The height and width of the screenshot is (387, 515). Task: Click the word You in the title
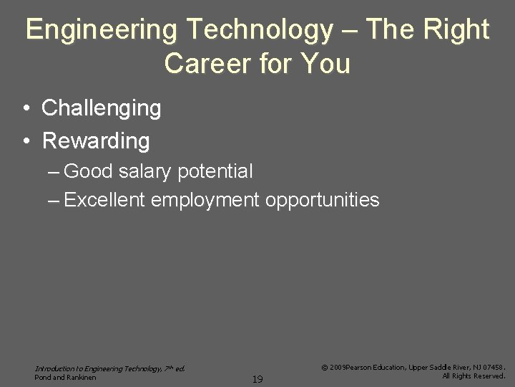(x=326, y=64)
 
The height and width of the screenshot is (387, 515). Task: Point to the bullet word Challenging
(x=102, y=109)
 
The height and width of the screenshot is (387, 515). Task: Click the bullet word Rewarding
(x=96, y=140)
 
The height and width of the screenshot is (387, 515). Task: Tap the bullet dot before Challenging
(x=25, y=109)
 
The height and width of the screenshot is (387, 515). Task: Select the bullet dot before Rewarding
(x=25, y=140)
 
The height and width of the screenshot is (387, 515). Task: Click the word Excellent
(x=105, y=199)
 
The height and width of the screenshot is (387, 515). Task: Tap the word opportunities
(x=323, y=200)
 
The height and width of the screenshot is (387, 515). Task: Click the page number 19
(x=257, y=379)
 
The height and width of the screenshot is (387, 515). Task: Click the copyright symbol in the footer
(x=325, y=367)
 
